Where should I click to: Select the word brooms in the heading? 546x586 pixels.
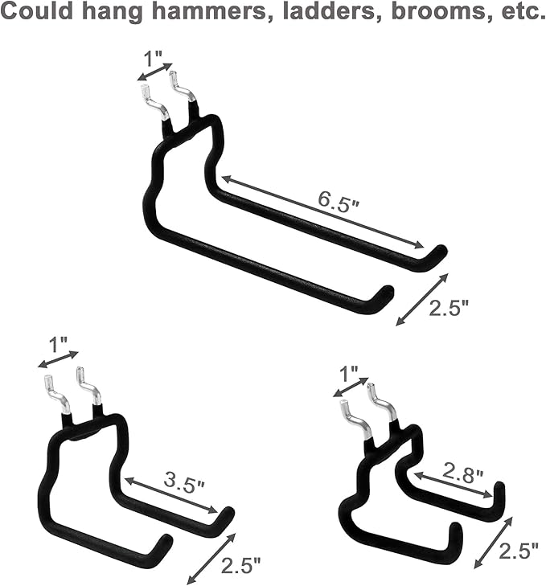click(x=435, y=12)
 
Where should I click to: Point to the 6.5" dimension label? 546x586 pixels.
click(x=339, y=201)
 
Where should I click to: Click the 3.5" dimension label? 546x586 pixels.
click(x=184, y=484)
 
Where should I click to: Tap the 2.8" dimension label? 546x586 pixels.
click(x=463, y=474)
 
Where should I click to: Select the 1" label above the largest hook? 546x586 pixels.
click(x=153, y=59)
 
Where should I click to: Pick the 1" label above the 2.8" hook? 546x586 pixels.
click(x=349, y=374)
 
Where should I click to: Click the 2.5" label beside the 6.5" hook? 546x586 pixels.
click(x=449, y=309)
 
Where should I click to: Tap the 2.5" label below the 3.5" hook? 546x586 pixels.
click(x=241, y=565)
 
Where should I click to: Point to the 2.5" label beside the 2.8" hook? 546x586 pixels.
click(x=519, y=551)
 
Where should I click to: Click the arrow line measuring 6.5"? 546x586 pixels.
click(x=323, y=211)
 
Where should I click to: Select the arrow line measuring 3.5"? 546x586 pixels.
click(x=171, y=495)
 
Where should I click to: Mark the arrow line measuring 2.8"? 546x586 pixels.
click(x=453, y=485)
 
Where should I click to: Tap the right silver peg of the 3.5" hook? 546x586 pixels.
click(x=90, y=386)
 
